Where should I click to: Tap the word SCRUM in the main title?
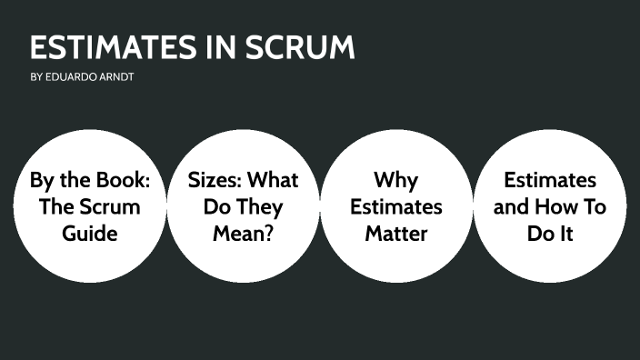click(x=301, y=47)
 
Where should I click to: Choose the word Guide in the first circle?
click(x=90, y=233)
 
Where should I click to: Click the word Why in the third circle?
click(x=396, y=180)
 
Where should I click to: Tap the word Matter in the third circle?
click(x=396, y=233)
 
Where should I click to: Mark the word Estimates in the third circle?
click(x=396, y=206)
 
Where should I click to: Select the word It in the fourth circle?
click(x=564, y=233)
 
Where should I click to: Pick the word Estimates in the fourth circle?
click(x=550, y=180)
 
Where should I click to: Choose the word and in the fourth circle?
click(x=512, y=206)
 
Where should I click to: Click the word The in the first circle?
click(x=58, y=206)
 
